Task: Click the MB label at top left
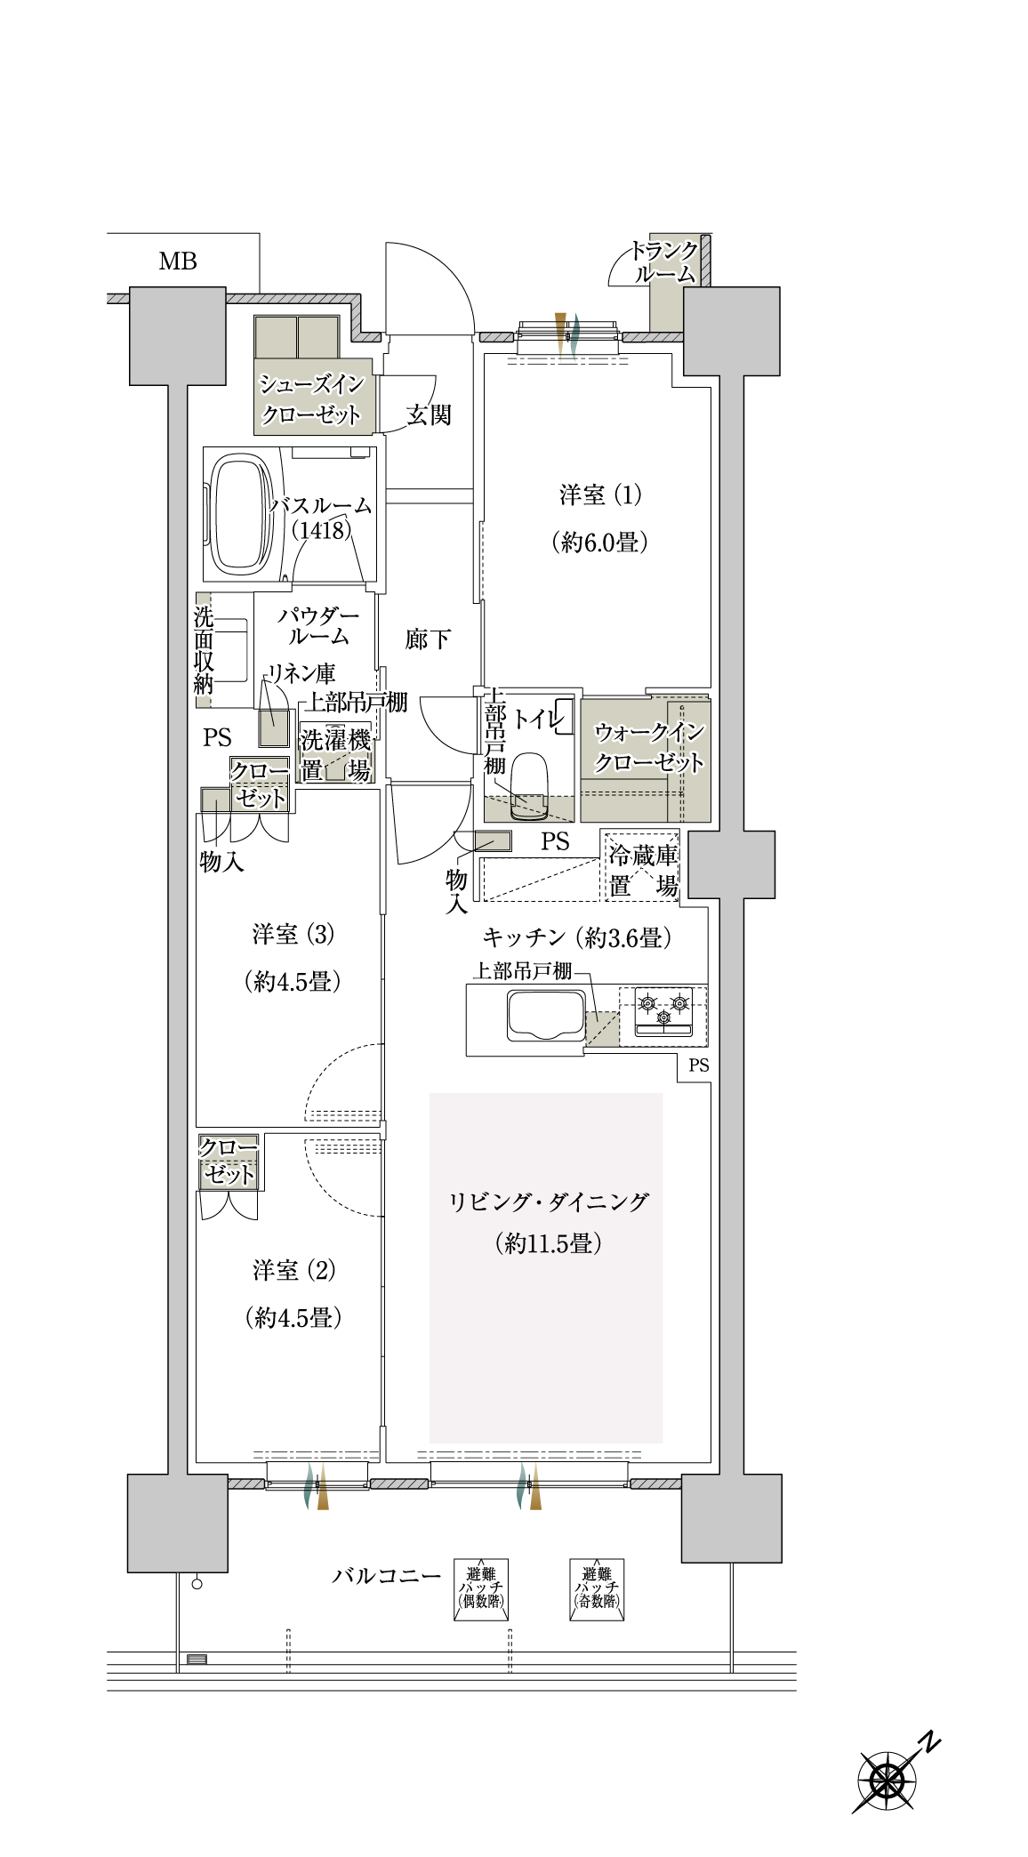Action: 178,261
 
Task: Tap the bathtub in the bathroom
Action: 239,513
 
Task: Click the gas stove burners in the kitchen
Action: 663,1012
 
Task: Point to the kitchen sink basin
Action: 546,1016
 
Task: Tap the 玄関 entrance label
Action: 430,414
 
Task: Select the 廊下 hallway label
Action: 428,639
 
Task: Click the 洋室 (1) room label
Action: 600,494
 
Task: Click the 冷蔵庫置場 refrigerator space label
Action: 643,871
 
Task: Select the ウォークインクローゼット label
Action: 649,747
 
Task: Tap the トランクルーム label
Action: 664,262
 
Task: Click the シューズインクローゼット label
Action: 311,399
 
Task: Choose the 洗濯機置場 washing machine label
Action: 335,754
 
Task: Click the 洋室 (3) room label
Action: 293,935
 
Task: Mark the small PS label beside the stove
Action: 699,1065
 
